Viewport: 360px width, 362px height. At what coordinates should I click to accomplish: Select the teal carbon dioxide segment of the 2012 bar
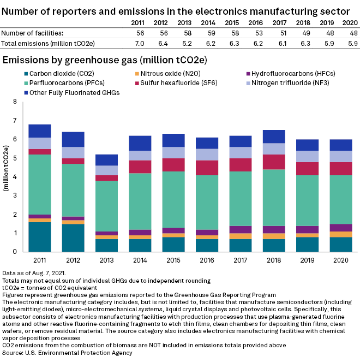73,238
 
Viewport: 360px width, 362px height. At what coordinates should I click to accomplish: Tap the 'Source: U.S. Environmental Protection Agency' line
67,353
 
